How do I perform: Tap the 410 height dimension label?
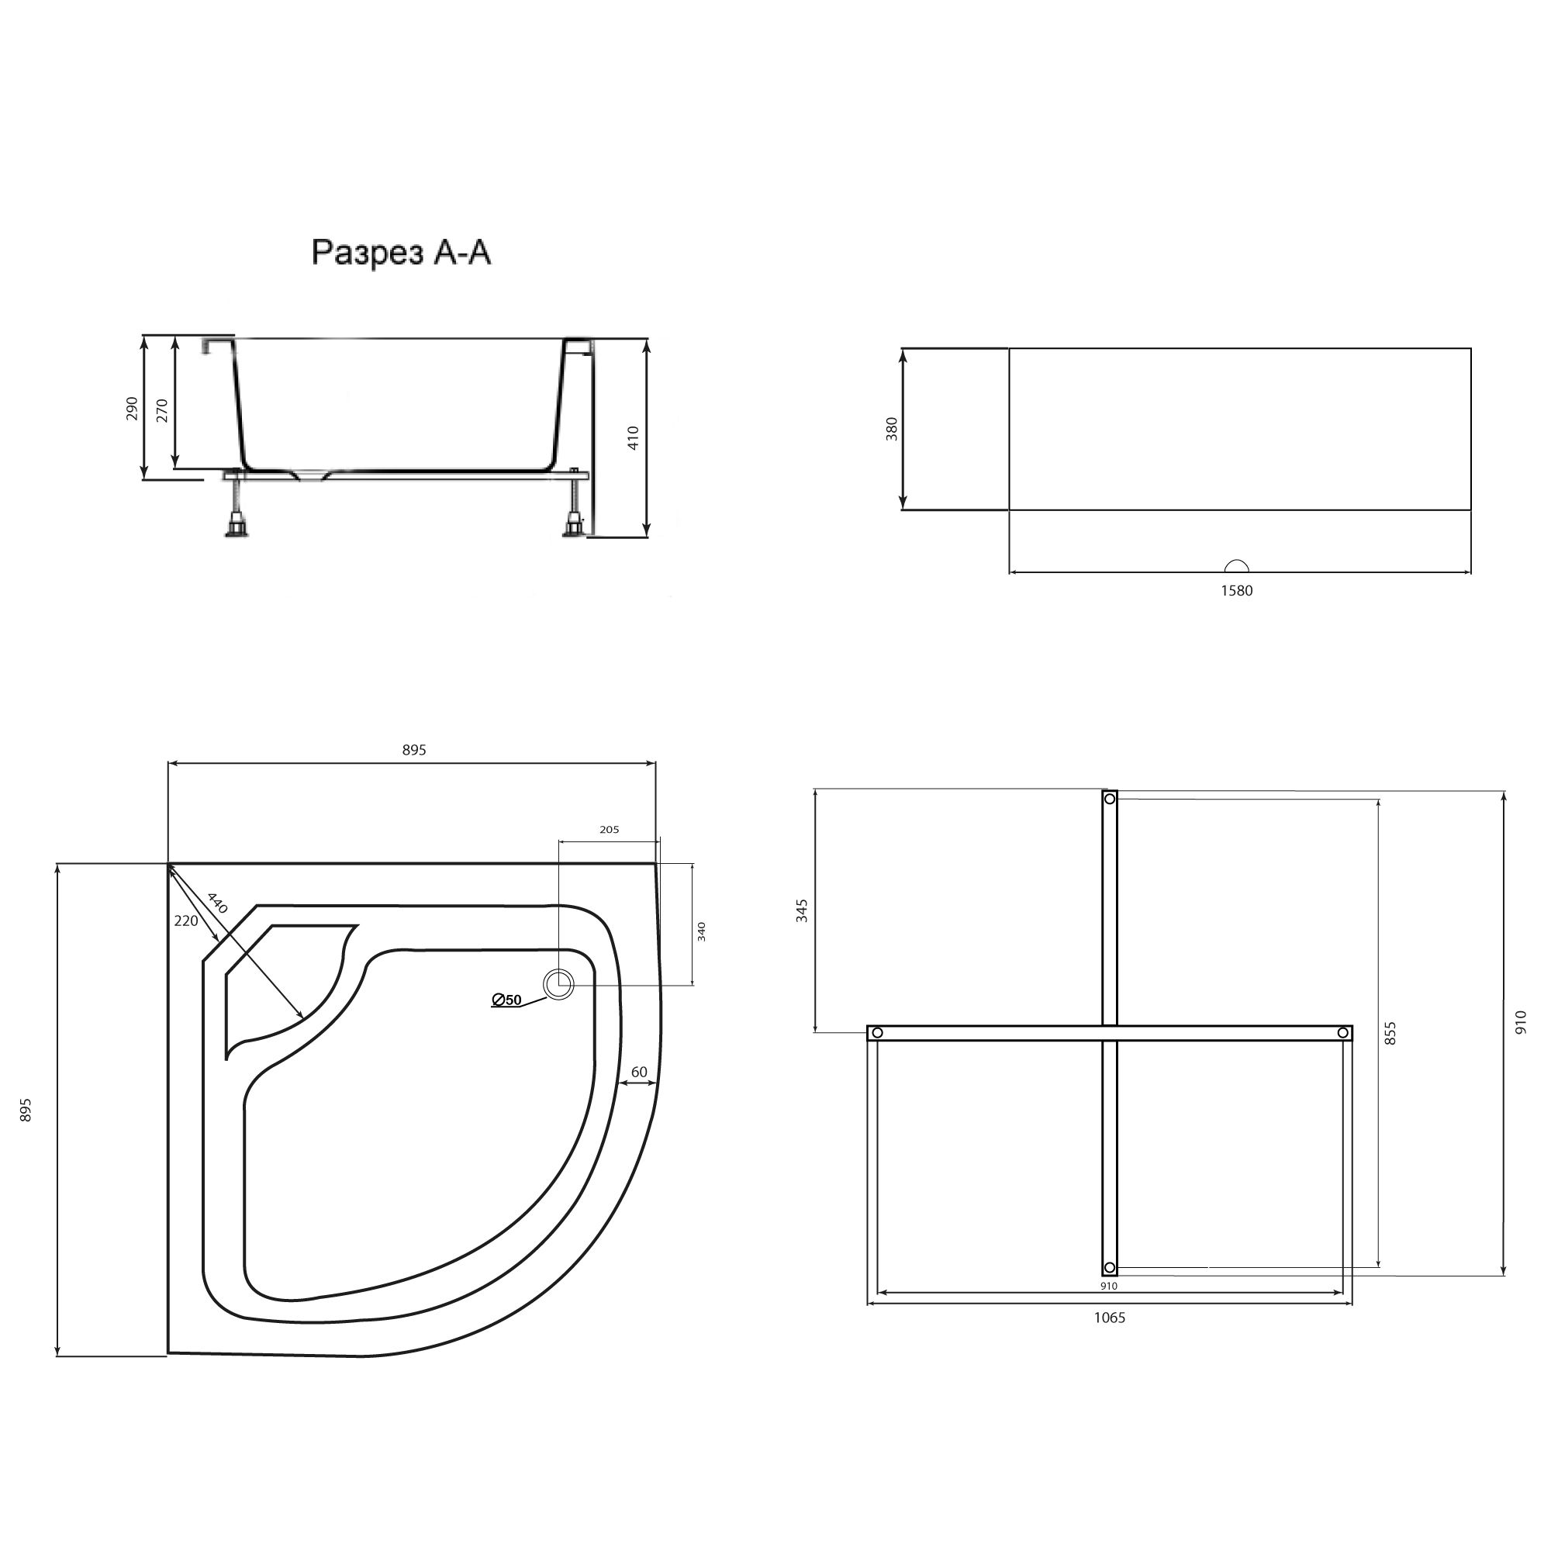[x=634, y=437]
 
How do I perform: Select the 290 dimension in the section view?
[x=133, y=408]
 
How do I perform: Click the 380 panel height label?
[x=891, y=429]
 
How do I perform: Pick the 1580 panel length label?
[x=1236, y=591]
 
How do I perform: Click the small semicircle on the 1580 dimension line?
[x=1235, y=566]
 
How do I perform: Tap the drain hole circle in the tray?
[x=558, y=984]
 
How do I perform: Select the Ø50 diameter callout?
[x=506, y=1000]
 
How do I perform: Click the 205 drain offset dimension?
[x=610, y=830]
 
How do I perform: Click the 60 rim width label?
[x=639, y=1072]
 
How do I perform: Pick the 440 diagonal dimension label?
[x=218, y=903]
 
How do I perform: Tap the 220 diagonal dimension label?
[x=185, y=921]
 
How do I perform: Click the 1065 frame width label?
[x=1110, y=1318]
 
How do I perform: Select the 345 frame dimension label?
[x=802, y=910]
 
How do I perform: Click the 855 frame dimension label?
[x=1391, y=1033]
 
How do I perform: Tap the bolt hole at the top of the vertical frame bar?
[x=1110, y=799]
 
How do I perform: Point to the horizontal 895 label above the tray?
[x=414, y=750]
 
